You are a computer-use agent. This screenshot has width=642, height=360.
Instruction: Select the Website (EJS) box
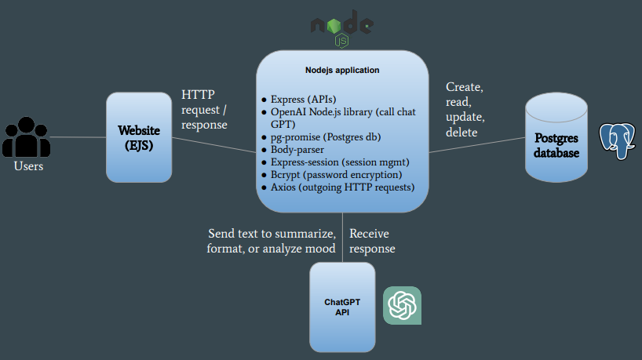[139, 137]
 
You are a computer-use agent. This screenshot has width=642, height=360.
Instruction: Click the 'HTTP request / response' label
[204, 109]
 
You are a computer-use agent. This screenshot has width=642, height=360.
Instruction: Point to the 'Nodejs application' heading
[341, 70]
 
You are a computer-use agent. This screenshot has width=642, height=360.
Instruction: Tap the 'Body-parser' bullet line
[297, 150]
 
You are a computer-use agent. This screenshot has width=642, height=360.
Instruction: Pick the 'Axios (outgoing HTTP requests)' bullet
[342, 187]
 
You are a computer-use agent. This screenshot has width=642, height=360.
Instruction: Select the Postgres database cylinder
[556, 138]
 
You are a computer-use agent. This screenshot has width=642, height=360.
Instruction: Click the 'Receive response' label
[372, 241]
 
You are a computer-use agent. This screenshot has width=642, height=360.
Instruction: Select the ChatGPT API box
[341, 307]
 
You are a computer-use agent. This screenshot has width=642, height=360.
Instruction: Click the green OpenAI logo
[402, 305]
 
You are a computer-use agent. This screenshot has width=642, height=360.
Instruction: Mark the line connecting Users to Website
[78, 137]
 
